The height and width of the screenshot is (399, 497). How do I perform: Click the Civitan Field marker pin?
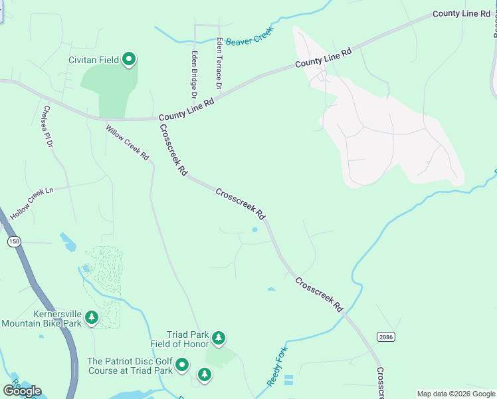pyautogui.click(x=130, y=61)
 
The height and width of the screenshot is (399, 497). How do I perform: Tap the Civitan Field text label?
pyautogui.click(x=94, y=61)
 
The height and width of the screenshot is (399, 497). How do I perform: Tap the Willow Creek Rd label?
pyautogui.click(x=128, y=142)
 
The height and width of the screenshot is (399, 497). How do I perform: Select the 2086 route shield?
pyautogui.click(x=385, y=337)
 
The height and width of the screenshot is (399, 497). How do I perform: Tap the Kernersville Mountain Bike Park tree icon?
pyautogui.click(x=92, y=318)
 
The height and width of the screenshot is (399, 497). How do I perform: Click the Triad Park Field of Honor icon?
pyautogui.click(x=219, y=339)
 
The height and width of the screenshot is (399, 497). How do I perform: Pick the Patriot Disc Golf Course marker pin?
pyautogui.click(x=182, y=366)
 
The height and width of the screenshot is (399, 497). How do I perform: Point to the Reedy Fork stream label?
pyautogui.click(x=276, y=366)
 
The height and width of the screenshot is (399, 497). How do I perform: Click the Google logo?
pyautogui.click(x=22, y=391)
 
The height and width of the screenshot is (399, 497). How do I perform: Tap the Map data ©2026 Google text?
pyautogui.click(x=455, y=394)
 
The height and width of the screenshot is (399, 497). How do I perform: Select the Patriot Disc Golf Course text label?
pyautogui.click(x=130, y=366)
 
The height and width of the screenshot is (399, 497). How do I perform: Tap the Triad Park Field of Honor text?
pyautogui.click(x=188, y=339)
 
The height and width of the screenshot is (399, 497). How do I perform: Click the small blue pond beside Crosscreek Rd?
pyautogui.click(x=255, y=230)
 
